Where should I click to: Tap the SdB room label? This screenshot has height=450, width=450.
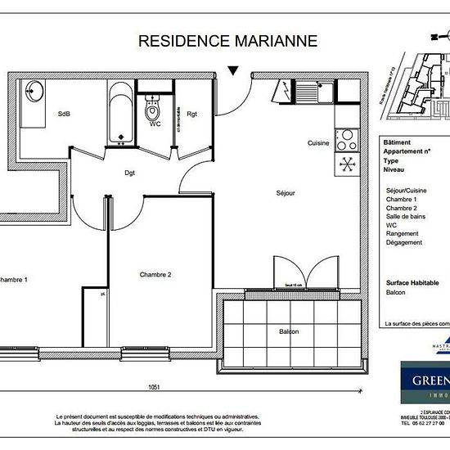tap(62, 115)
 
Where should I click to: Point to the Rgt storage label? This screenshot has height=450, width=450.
tap(191, 115)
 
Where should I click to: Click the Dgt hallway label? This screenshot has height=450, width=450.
tap(129, 173)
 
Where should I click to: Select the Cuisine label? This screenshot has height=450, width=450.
tap(318, 143)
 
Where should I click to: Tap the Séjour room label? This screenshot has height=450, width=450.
tap(285, 193)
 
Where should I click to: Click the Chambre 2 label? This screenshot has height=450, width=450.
tap(155, 274)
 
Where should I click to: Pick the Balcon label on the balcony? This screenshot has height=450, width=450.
tap(289, 331)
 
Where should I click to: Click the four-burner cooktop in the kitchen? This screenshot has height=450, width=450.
tap(346, 137)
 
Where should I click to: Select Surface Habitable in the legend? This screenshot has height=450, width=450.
tap(412, 282)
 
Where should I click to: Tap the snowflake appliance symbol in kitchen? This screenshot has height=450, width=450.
tap(346, 164)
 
